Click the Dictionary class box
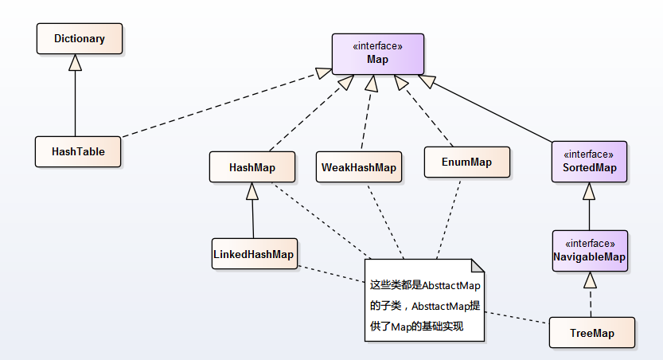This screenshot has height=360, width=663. (80, 38)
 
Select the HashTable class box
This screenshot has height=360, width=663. (78, 151)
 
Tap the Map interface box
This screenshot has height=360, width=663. (377, 53)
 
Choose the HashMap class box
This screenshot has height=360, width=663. (252, 166)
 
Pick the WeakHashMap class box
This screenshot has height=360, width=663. (358, 166)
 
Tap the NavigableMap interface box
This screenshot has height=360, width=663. (590, 251)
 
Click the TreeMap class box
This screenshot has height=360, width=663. (592, 333)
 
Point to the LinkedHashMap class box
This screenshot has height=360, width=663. (253, 254)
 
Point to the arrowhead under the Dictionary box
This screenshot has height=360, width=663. (75, 61)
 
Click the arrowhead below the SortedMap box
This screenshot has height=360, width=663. (589, 190)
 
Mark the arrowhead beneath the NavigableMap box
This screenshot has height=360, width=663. (590, 280)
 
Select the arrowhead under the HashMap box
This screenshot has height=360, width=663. (252, 190)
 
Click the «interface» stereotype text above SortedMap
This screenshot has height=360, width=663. (589, 154)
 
